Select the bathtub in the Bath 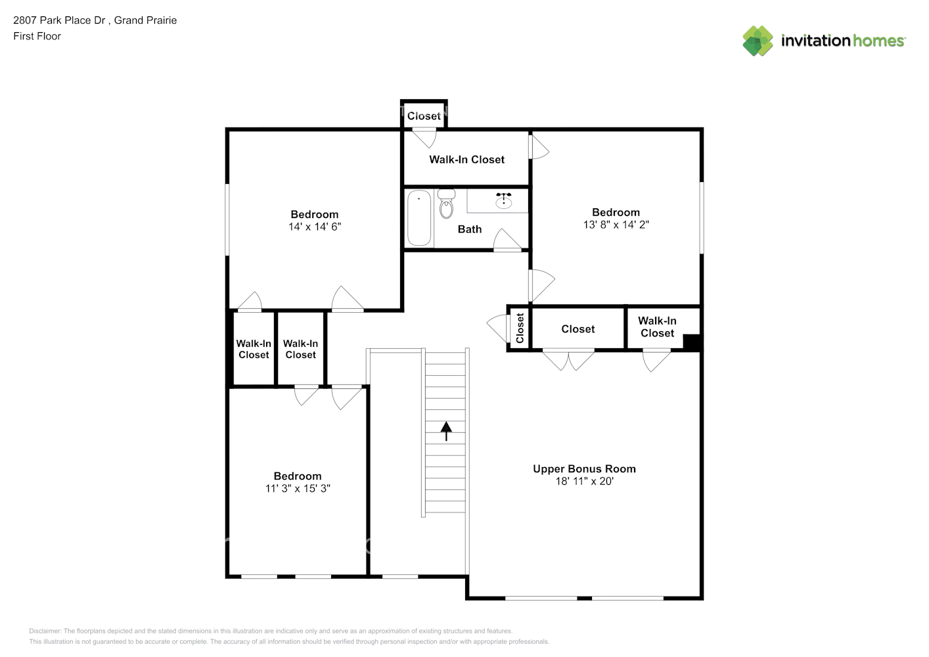coord(419,217)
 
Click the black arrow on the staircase coord(446,431)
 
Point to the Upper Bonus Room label coord(584,468)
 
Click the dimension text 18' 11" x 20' coord(584,481)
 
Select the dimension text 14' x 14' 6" coord(315,227)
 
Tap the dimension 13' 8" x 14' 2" coord(616,225)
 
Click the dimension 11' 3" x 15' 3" coord(298,489)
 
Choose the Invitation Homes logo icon coord(758,41)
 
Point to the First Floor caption coord(37,36)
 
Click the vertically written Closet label coord(520,328)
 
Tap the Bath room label coord(470,229)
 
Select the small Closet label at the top coord(424,116)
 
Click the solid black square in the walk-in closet coord(692,342)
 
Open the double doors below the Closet coord(568,359)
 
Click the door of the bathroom coord(507,240)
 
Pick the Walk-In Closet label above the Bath coord(466,160)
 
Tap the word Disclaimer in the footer coord(45,631)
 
